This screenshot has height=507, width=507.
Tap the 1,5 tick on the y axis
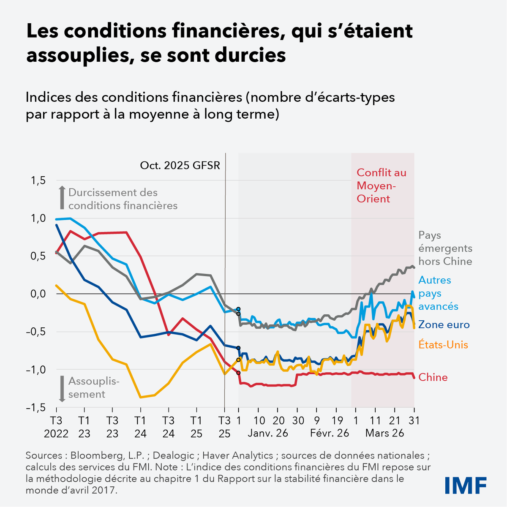pos(37,181)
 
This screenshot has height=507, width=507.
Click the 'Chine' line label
pos(433,377)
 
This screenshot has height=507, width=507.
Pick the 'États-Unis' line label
pos(443,345)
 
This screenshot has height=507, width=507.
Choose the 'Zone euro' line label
pos(444,324)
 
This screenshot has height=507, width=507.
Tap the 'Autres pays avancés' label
pos(435,293)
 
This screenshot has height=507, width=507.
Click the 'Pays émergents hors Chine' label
pos(445,248)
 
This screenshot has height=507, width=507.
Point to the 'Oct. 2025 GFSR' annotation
pos(180,165)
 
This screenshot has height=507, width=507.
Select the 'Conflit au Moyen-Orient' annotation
pos(381,185)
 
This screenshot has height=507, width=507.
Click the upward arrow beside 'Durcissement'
pos(62,198)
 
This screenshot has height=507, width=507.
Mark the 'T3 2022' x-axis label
pos(56,427)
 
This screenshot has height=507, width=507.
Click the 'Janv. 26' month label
pos(267,433)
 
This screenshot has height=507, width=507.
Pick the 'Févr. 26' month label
pos(330,433)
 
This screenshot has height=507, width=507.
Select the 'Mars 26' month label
pos(384,433)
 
